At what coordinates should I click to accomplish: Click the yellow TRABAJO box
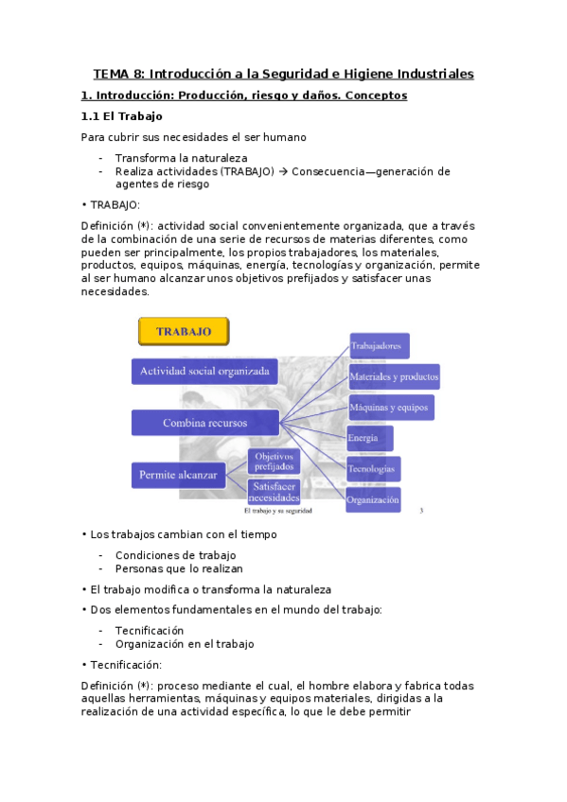point(184,332)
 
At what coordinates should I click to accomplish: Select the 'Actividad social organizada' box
point(204,371)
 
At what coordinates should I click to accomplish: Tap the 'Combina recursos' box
point(204,423)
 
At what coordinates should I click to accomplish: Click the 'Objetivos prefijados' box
point(275,462)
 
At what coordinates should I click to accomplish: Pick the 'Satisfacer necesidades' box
point(275,492)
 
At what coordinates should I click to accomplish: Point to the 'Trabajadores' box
point(379,346)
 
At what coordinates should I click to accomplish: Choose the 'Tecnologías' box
point(373,468)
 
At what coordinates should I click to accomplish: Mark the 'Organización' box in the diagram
point(373,499)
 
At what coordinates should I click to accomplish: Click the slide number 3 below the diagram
point(420,511)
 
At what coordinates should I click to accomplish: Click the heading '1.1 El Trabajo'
point(122,116)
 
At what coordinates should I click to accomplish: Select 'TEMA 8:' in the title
point(119,74)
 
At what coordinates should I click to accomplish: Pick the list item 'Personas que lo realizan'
point(179,568)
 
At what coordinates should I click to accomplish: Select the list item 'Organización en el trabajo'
point(185,644)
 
